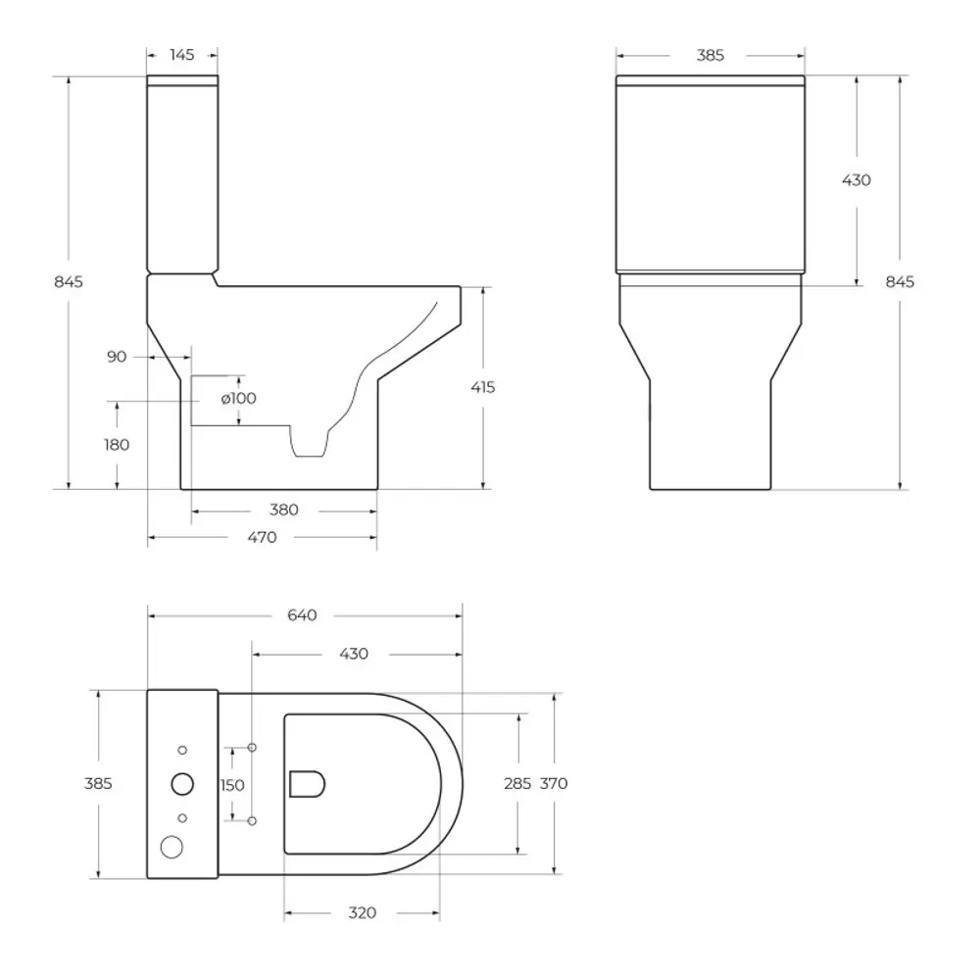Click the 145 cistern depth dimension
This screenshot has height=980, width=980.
[182, 55]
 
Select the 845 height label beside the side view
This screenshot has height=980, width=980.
[68, 281]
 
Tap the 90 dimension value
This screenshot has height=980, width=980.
[117, 357]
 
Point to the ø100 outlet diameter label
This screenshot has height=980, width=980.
[238, 398]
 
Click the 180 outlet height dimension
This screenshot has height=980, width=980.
[117, 444]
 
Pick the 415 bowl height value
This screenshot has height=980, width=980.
[482, 387]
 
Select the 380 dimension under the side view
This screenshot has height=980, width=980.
[284, 510]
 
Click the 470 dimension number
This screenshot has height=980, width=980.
[263, 537]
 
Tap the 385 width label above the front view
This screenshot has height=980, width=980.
[710, 55]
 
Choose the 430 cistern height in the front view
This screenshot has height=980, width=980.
[857, 180]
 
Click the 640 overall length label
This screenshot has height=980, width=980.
[304, 615]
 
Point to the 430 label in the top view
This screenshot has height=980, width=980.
[354, 654]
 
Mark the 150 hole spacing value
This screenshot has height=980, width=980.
[232, 784]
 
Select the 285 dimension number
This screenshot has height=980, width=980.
[517, 783]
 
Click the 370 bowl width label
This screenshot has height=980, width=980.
[554, 783]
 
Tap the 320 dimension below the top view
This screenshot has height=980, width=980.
[362, 912]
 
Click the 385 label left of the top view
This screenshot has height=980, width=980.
[98, 783]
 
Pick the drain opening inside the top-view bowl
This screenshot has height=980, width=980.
[308, 783]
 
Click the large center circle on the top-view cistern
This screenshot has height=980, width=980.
[182, 783]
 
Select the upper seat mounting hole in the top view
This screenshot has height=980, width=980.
[252, 749]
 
